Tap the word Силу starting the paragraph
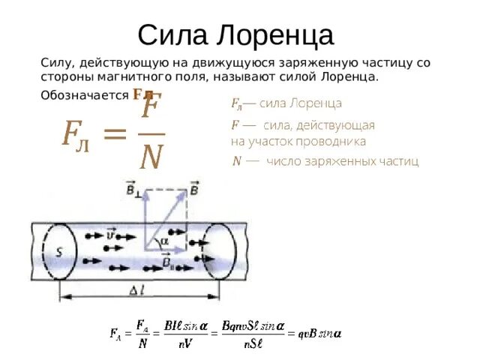(x=55, y=64)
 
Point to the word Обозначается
(x=85, y=95)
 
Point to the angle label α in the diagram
(x=165, y=241)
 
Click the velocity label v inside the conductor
(x=112, y=235)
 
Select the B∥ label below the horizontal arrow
(x=169, y=262)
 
